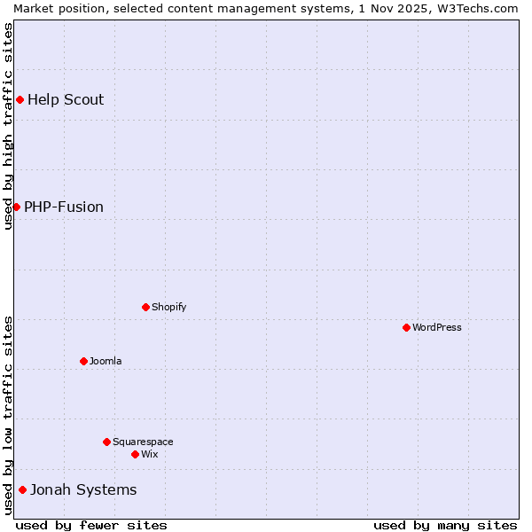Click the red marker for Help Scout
point(20,99)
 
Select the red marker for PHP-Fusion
point(16,207)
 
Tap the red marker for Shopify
point(145,307)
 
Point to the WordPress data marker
point(406,327)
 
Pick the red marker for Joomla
point(83,361)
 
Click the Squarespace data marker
point(106,442)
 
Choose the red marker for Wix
point(135,454)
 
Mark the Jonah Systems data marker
point(22,489)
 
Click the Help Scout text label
point(66,99)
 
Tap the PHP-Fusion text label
point(64,207)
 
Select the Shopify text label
point(168,307)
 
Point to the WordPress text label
point(436,327)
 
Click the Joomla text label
point(106,361)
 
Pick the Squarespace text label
point(143,442)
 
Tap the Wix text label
point(149,454)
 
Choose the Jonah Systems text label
point(83,489)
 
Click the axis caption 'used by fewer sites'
point(91,525)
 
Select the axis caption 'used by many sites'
point(445,525)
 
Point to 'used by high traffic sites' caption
point(8,126)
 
